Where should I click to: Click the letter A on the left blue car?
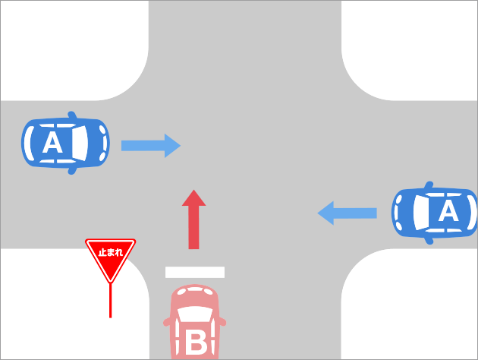tap(52, 143)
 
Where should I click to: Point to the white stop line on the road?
tap(195, 271)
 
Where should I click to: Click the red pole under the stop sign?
tap(111, 300)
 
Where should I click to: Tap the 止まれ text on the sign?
tap(111, 249)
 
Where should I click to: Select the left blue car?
tap(65, 143)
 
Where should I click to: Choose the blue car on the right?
tap(434, 213)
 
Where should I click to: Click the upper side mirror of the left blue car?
tap(72, 115)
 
